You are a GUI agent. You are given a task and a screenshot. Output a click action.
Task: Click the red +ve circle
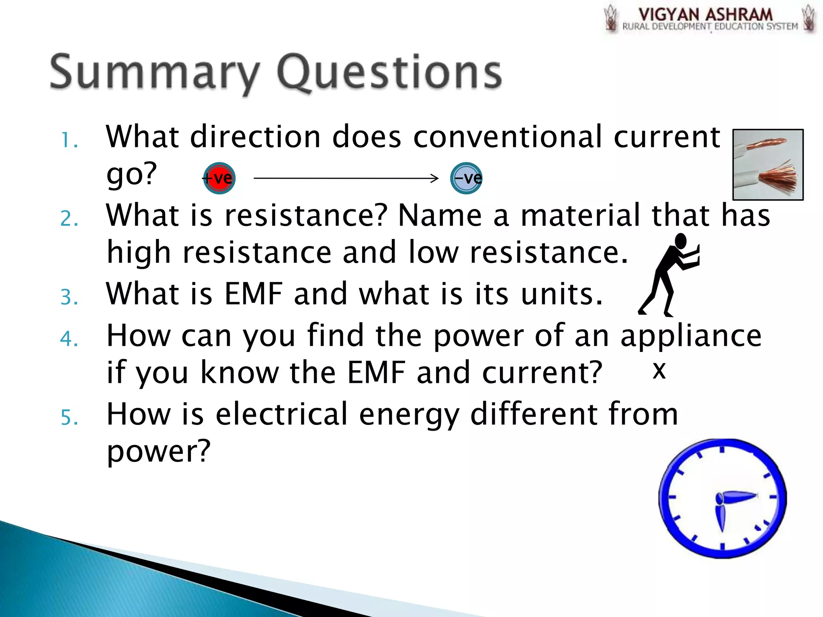pos(219,178)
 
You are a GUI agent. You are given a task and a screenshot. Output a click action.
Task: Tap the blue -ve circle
pos(466,178)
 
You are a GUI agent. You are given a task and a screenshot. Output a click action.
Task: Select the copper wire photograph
pos(768,165)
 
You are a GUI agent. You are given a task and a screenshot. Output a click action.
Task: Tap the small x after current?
pos(659,370)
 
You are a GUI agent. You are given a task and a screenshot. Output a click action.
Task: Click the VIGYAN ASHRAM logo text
pos(705,15)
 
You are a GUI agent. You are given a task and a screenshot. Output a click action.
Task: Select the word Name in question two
pos(440,215)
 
